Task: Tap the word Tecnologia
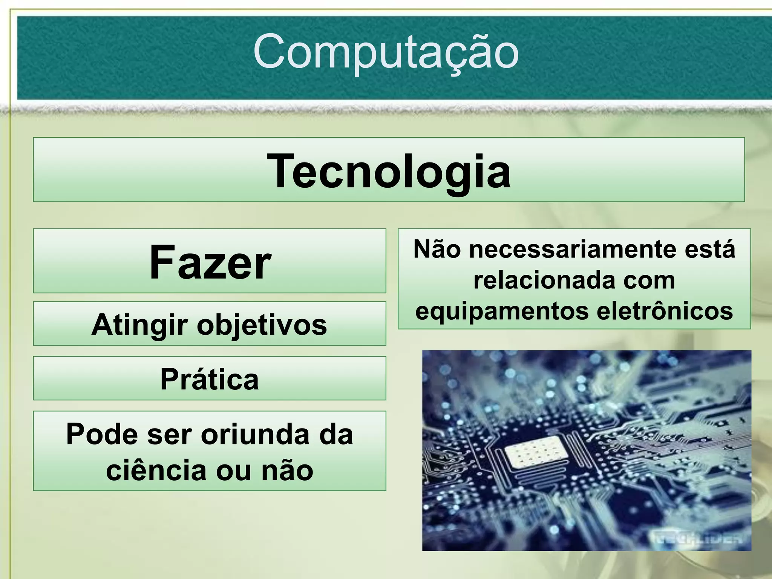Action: coord(389,172)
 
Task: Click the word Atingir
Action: coord(139,325)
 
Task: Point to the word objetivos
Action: coord(262,325)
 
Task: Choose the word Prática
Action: coord(210,379)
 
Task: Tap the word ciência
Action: coord(156,470)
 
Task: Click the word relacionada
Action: coord(544,280)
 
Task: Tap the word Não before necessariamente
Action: coord(437,250)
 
